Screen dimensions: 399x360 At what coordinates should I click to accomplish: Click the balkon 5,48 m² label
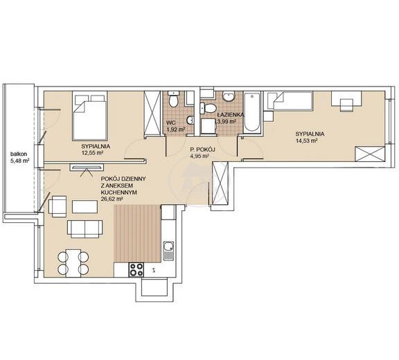click(19, 157)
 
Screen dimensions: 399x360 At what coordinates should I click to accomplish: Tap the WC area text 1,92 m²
click(175, 129)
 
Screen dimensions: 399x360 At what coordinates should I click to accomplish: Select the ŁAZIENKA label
click(230, 115)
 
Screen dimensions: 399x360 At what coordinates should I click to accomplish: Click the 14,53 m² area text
click(307, 141)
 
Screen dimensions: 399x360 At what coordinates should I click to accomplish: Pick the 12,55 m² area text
click(92, 153)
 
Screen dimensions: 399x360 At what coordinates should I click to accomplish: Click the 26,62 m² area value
click(112, 199)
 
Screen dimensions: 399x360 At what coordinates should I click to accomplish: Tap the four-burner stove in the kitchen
click(136, 269)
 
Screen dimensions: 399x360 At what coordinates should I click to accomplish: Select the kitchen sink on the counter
click(168, 251)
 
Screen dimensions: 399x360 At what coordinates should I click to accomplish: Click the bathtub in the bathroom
click(252, 113)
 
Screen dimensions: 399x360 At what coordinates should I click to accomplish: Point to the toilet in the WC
click(174, 99)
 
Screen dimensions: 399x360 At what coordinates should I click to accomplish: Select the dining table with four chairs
click(73, 263)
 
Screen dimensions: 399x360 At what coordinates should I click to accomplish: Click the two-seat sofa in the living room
click(85, 229)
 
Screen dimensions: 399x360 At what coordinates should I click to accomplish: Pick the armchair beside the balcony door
click(57, 206)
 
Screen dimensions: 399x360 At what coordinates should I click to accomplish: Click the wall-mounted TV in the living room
click(87, 167)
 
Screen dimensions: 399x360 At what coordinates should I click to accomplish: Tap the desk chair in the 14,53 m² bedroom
click(346, 105)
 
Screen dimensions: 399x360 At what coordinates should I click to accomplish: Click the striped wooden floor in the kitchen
click(137, 233)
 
